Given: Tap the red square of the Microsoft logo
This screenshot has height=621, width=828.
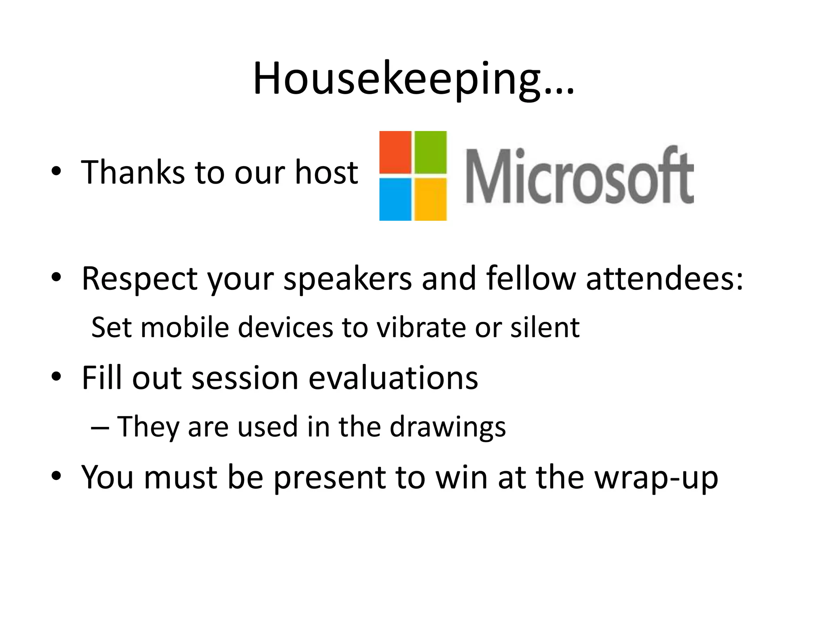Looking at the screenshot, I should coord(395,152).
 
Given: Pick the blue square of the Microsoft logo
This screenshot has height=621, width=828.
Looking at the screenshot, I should coord(395,199).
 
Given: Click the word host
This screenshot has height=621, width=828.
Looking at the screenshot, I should coord(326,173).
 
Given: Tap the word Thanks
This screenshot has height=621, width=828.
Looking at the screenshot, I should coord(133,173).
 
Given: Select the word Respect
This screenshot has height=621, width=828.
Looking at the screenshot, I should coord(139,279).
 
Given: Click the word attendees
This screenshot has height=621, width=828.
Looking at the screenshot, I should coord(664,279).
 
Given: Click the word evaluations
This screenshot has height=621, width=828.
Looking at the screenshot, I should coord(393,378).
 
